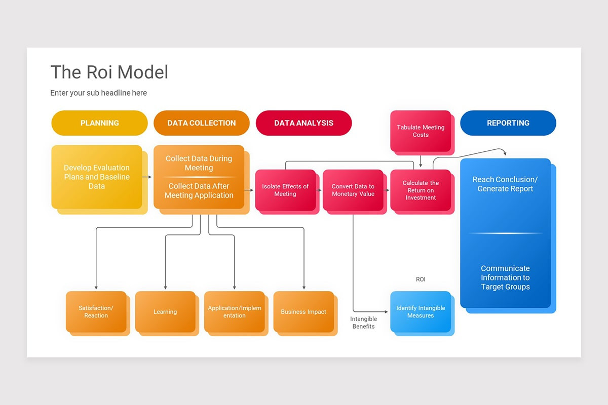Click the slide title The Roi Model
click(x=109, y=72)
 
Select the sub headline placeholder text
click(x=98, y=93)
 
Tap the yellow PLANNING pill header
click(x=99, y=123)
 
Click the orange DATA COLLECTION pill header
click(x=201, y=123)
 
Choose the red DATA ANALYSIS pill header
click(x=303, y=123)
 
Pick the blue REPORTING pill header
click(x=508, y=123)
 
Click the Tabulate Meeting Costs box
click(x=421, y=131)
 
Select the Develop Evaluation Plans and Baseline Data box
click(x=97, y=177)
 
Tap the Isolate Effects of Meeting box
click(x=285, y=190)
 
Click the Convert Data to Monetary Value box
click(x=353, y=190)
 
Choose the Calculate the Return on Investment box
click(x=421, y=190)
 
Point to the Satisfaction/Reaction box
click(x=96, y=311)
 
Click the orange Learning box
click(x=165, y=311)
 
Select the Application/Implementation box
click(x=234, y=311)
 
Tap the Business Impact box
click(x=303, y=311)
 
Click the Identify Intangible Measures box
click(x=421, y=311)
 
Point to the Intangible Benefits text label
click(x=363, y=322)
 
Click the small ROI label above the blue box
click(x=421, y=279)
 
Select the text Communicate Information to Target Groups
click(x=505, y=277)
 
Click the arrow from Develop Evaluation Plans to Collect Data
click(x=147, y=177)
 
